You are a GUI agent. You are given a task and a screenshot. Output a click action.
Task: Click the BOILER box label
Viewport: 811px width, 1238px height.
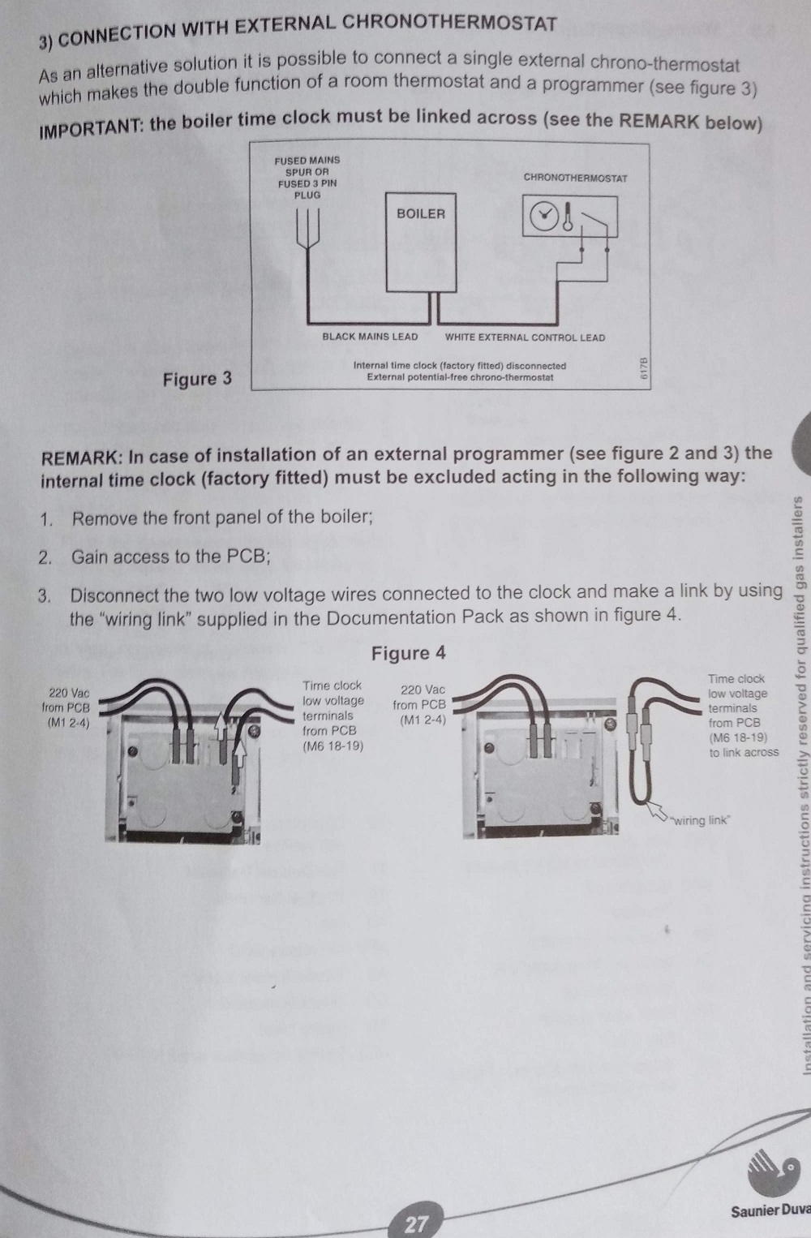click(x=420, y=214)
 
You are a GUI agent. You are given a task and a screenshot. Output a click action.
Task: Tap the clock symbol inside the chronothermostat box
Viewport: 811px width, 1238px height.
click(x=544, y=216)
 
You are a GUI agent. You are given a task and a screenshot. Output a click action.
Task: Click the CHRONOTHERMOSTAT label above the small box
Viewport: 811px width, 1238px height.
click(x=575, y=178)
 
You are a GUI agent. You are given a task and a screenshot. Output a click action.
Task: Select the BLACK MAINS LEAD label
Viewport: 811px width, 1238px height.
click(x=370, y=337)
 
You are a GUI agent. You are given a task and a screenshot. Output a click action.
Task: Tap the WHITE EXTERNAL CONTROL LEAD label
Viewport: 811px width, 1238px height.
click(x=525, y=337)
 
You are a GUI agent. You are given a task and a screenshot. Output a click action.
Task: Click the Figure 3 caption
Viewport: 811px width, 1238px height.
click(x=197, y=379)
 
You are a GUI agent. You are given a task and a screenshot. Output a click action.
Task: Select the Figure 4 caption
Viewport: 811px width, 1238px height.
click(x=408, y=653)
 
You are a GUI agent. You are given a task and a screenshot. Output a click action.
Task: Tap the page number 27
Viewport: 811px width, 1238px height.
click(x=415, y=1224)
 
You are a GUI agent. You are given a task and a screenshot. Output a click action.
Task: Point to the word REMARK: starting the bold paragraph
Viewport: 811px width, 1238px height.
click(x=82, y=458)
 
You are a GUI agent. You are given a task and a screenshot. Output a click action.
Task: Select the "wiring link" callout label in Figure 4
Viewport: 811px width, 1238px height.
click(x=700, y=820)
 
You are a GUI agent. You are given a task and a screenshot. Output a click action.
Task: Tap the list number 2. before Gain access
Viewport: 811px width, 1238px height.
click(x=45, y=557)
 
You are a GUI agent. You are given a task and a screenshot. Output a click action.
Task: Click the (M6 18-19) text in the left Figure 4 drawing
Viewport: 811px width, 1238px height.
click(x=333, y=746)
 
